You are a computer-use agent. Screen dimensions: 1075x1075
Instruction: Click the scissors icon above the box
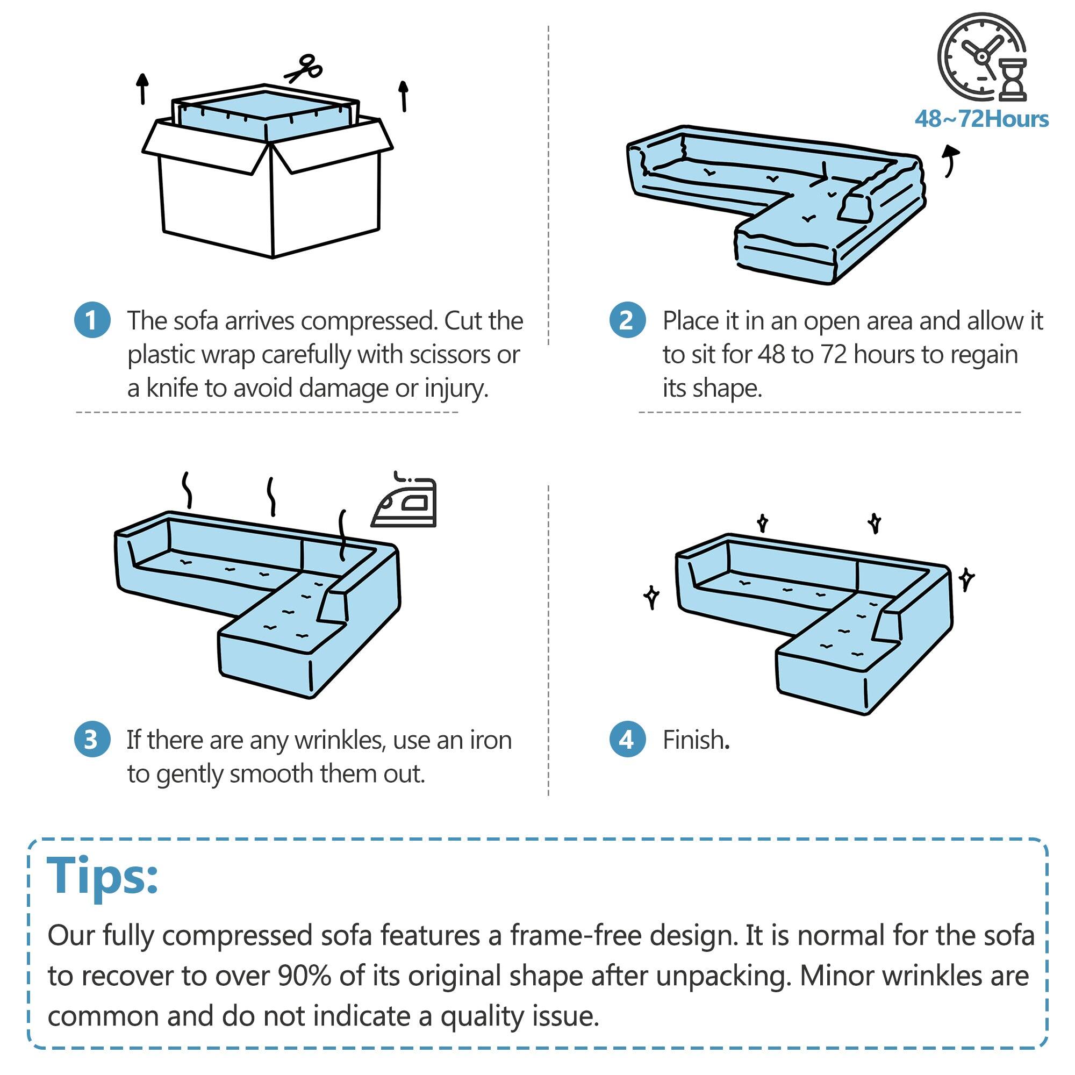click(x=304, y=68)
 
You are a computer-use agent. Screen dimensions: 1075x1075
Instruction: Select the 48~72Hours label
click(x=981, y=119)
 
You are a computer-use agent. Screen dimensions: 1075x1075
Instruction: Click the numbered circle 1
click(x=92, y=320)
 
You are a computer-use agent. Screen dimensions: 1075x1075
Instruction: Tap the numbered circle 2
click(x=627, y=320)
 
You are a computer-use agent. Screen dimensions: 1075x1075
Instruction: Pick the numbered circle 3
click(x=92, y=740)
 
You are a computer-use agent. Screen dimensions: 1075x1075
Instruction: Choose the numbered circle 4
click(x=627, y=740)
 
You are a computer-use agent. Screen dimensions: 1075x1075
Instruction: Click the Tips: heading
click(x=103, y=876)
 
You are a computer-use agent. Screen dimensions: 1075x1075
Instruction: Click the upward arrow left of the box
click(x=143, y=89)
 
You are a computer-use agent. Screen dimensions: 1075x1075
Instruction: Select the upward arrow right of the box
click(x=404, y=96)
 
